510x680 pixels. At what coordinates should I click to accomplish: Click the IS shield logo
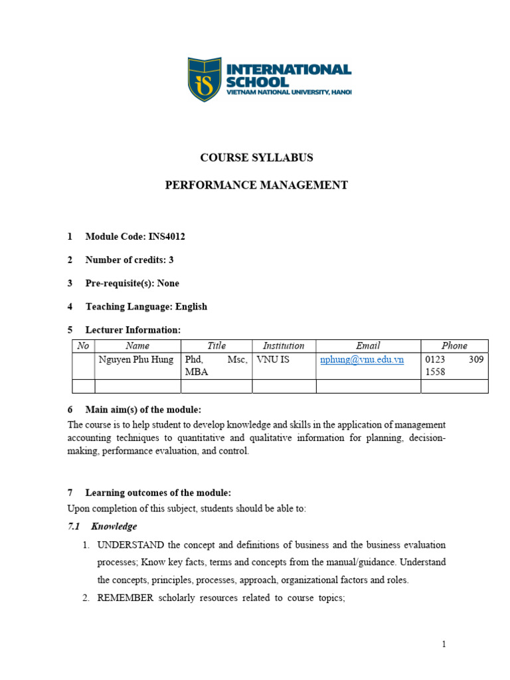click(x=204, y=80)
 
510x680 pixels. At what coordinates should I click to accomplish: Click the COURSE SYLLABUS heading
click(x=256, y=158)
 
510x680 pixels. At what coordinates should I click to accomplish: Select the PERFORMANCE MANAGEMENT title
click(x=256, y=185)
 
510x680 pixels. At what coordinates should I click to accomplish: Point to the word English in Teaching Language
click(x=191, y=307)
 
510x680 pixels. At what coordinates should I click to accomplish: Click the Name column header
click(x=137, y=346)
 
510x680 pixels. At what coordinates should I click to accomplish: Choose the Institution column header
click(x=284, y=346)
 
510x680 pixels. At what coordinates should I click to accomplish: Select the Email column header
click(x=368, y=346)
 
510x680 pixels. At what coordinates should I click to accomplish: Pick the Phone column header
click(x=454, y=346)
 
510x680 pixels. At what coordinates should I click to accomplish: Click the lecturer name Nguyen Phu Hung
click(x=136, y=360)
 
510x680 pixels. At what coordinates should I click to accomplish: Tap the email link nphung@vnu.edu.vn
click(x=362, y=360)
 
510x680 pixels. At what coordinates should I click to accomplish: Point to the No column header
click(x=83, y=346)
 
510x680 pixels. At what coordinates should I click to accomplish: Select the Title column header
click(x=216, y=346)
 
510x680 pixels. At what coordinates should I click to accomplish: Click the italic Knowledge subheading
click(x=114, y=527)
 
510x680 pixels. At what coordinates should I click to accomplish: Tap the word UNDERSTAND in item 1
click(x=131, y=545)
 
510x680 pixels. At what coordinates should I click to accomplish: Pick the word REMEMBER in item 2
click(x=126, y=598)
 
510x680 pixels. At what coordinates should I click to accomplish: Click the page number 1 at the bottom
click(x=444, y=644)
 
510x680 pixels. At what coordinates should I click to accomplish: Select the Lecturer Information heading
click(x=133, y=330)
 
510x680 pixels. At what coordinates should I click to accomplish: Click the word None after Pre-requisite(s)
click(x=168, y=284)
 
